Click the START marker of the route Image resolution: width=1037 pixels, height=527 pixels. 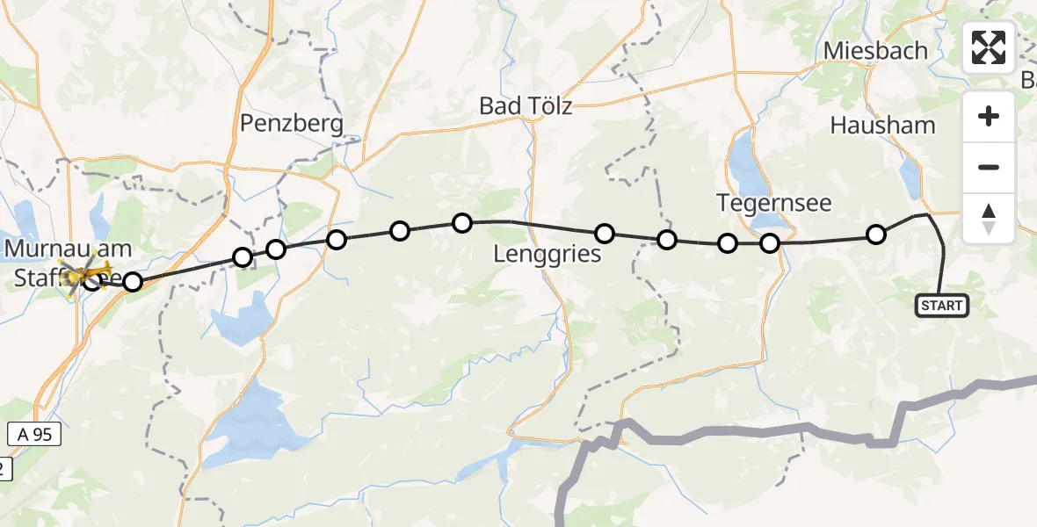coord(941,306)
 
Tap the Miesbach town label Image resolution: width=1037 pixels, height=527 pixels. coord(875,51)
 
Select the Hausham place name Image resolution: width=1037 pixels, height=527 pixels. coord(882,126)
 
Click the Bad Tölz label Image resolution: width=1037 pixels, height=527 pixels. coord(526,106)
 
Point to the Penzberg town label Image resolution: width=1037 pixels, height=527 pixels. coord(292,124)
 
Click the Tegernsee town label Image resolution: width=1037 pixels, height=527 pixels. coord(774,204)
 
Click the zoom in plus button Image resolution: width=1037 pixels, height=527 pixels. coord(989,116)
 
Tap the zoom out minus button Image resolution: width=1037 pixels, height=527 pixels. coord(989,167)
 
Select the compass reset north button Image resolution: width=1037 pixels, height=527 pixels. coord(989,218)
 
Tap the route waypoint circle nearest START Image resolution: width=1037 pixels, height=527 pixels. coord(876,235)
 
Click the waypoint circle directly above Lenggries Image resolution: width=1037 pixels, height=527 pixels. coord(605,233)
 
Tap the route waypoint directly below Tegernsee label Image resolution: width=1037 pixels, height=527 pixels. coord(770,243)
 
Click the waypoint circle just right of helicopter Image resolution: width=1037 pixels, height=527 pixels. coord(132,282)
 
